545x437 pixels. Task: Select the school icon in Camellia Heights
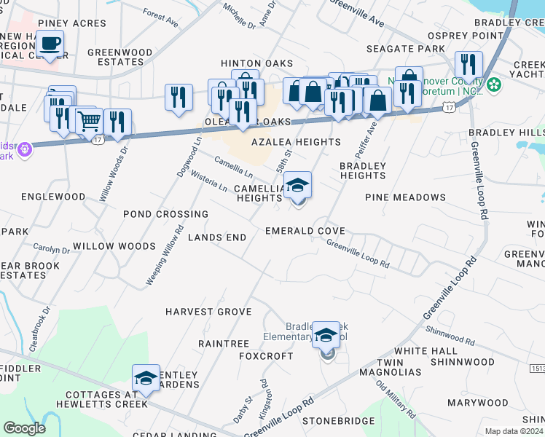pyautogui.click(x=298, y=186)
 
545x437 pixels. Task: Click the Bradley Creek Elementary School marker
pyautogui.click(x=326, y=336)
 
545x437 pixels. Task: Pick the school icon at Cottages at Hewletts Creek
pyautogui.click(x=146, y=379)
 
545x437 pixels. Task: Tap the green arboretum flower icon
pyautogui.click(x=494, y=85)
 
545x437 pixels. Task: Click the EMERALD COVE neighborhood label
pyautogui.click(x=305, y=231)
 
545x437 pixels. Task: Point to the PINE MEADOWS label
pyautogui.click(x=405, y=197)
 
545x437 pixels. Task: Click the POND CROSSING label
pyautogui.click(x=165, y=215)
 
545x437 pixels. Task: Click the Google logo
pyautogui.click(x=24, y=428)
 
